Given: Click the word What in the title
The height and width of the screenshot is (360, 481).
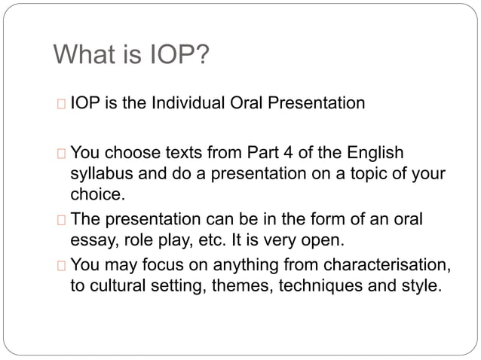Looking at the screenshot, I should pyautogui.click(x=83, y=55).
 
